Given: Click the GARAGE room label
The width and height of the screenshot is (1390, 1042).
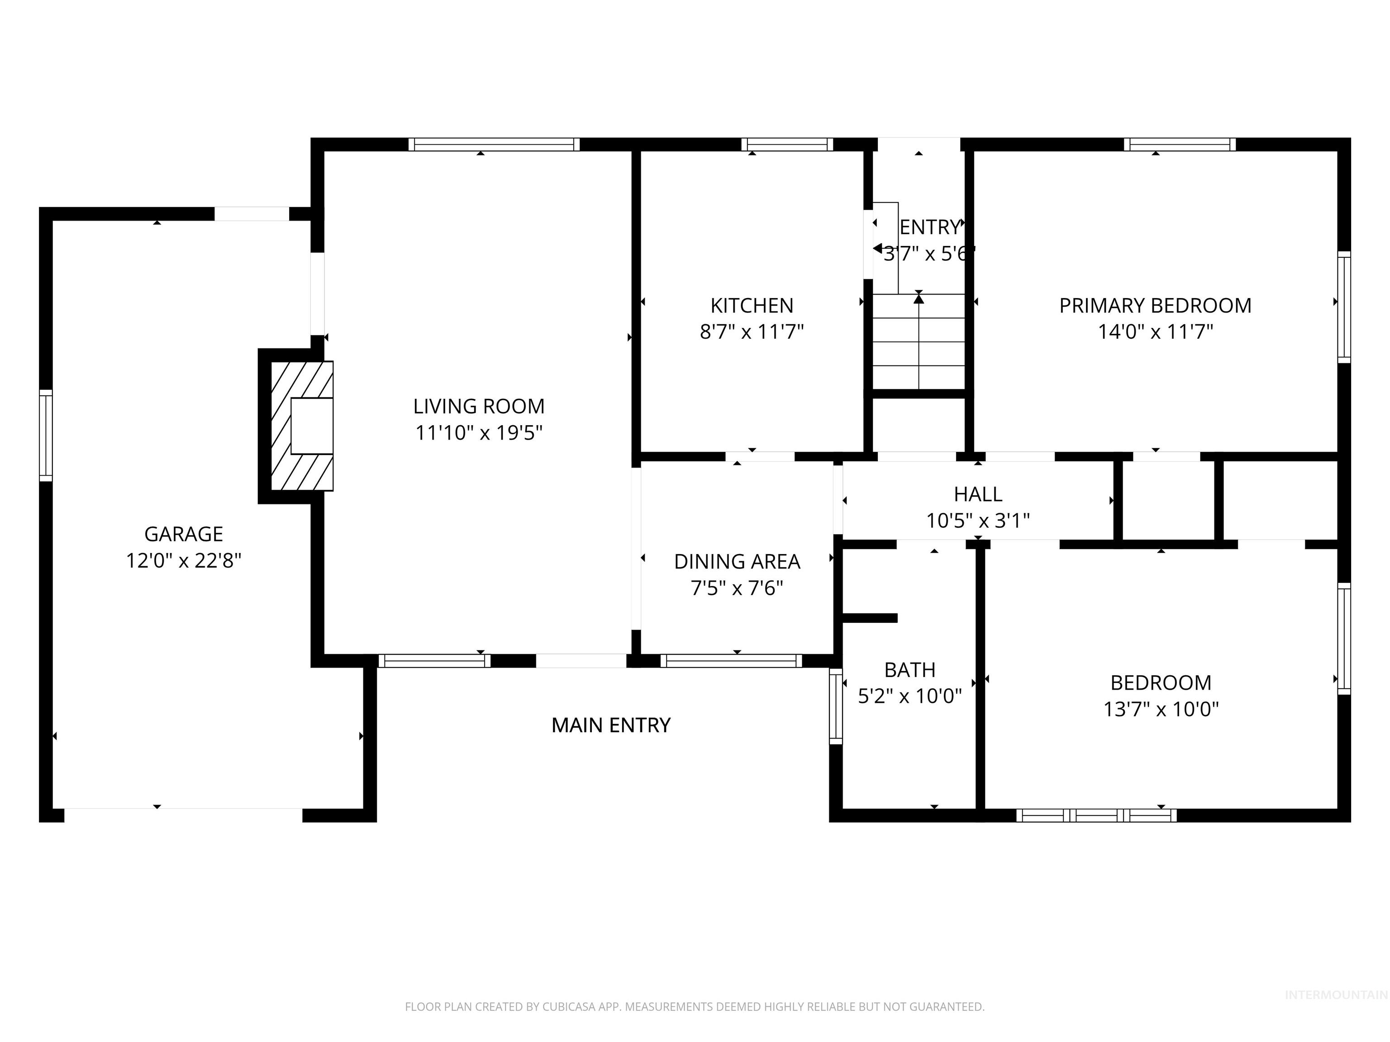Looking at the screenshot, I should [184, 534].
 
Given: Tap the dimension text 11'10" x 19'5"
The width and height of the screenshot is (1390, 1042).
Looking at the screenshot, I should [479, 433].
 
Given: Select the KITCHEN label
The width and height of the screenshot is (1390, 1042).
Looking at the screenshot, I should [752, 305].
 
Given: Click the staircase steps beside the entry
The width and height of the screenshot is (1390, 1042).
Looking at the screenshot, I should [919, 342].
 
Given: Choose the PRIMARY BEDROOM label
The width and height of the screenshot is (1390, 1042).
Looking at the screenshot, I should [1155, 305].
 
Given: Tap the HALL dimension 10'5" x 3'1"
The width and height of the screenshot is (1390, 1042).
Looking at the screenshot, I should [978, 521].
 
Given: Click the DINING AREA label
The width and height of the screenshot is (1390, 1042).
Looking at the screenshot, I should [737, 562].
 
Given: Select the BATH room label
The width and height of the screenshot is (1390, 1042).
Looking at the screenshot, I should [909, 669].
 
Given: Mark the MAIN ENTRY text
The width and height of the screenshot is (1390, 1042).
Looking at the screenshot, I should [611, 725].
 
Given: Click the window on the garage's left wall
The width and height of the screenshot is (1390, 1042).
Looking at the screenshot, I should [46, 435].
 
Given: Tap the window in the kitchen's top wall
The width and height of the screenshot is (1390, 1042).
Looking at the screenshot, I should [787, 144].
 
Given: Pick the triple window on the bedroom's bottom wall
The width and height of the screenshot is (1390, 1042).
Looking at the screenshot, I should [1096, 815].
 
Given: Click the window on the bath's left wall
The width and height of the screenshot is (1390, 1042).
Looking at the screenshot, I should [836, 706].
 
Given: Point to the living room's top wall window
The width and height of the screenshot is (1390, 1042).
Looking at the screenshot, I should [494, 144].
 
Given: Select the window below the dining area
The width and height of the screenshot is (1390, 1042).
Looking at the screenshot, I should [731, 661].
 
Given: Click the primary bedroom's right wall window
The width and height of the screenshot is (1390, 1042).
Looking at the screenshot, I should [1343, 307].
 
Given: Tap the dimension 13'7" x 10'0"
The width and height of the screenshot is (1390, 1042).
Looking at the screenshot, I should [1161, 709].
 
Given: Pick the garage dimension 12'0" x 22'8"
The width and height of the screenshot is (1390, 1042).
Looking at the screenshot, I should [184, 560].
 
